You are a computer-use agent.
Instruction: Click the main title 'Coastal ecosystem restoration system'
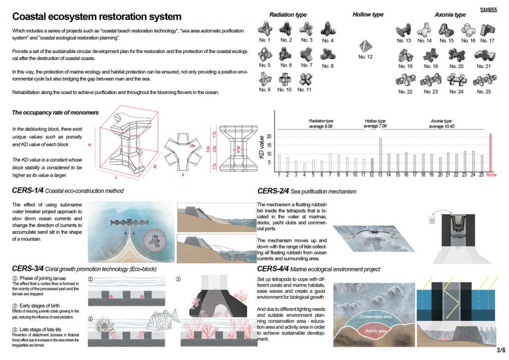click(97, 17)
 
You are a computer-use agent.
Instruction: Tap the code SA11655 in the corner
click(490, 9)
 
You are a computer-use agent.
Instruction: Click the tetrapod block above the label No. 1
click(265, 28)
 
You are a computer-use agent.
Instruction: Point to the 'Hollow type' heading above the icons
click(368, 14)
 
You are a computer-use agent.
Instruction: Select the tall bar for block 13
click(380, 154)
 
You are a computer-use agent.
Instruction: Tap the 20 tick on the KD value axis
click(269, 137)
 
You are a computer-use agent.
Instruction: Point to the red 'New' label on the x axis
click(491, 175)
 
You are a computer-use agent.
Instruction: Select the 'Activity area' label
click(369, 332)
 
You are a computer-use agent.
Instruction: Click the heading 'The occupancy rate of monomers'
click(55, 112)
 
